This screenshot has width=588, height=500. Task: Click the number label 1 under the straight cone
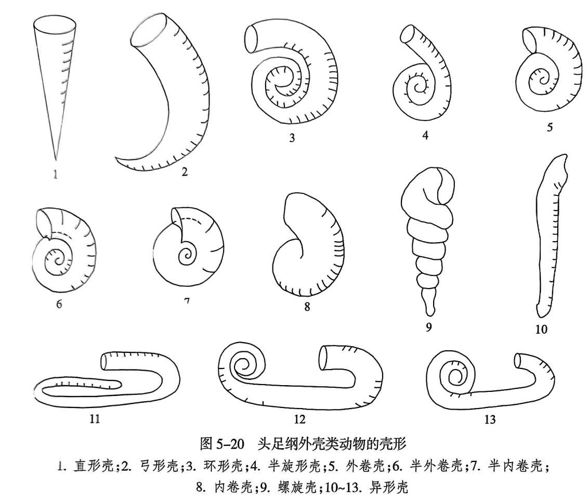55,175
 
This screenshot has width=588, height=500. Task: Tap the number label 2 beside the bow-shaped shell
184,172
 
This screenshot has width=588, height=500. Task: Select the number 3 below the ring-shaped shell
292,138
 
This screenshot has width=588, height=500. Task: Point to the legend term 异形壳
390,488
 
